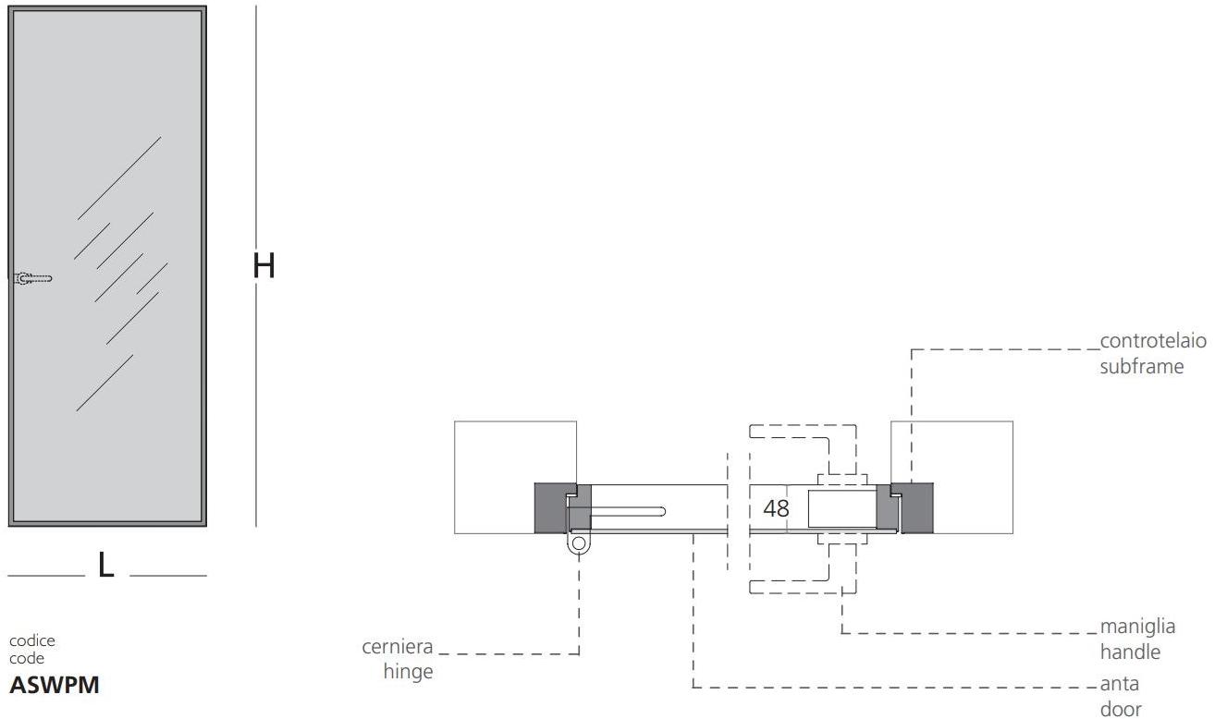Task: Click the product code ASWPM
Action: (x=54, y=686)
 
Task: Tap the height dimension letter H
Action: (x=264, y=266)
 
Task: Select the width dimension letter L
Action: (x=106, y=565)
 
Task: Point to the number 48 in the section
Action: (x=777, y=508)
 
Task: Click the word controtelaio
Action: (x=1153, y=341)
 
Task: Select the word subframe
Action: (x=1141, y=366)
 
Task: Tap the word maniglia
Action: (x=1137, y=627)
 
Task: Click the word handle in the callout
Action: (x=1130, y=652)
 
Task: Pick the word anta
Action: (x=1120, y=685)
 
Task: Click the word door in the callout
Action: (x=1121, y=710)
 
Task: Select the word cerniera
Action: (x=397, y=646)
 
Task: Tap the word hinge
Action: (x=408, y=672)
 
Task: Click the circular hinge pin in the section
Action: (x=579, y=543)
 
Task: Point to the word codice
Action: (x=32, y=640)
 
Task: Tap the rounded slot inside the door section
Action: (x=629, y=510)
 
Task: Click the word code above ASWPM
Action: (x=27, y=659)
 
